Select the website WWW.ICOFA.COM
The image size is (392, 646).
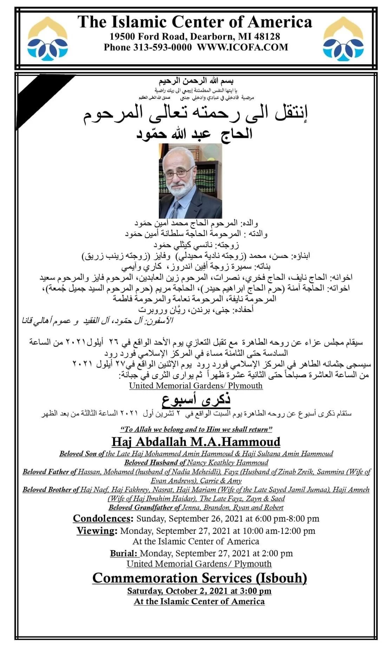(242, 47)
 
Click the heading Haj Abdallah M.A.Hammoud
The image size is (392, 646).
(196, 442)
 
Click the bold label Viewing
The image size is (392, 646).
(97, 531)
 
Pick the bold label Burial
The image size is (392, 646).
(124, 554)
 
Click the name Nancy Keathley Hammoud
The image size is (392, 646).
(227, 463)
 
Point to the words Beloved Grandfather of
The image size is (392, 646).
(145, 508)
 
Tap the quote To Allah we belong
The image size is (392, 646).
(196, 429)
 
